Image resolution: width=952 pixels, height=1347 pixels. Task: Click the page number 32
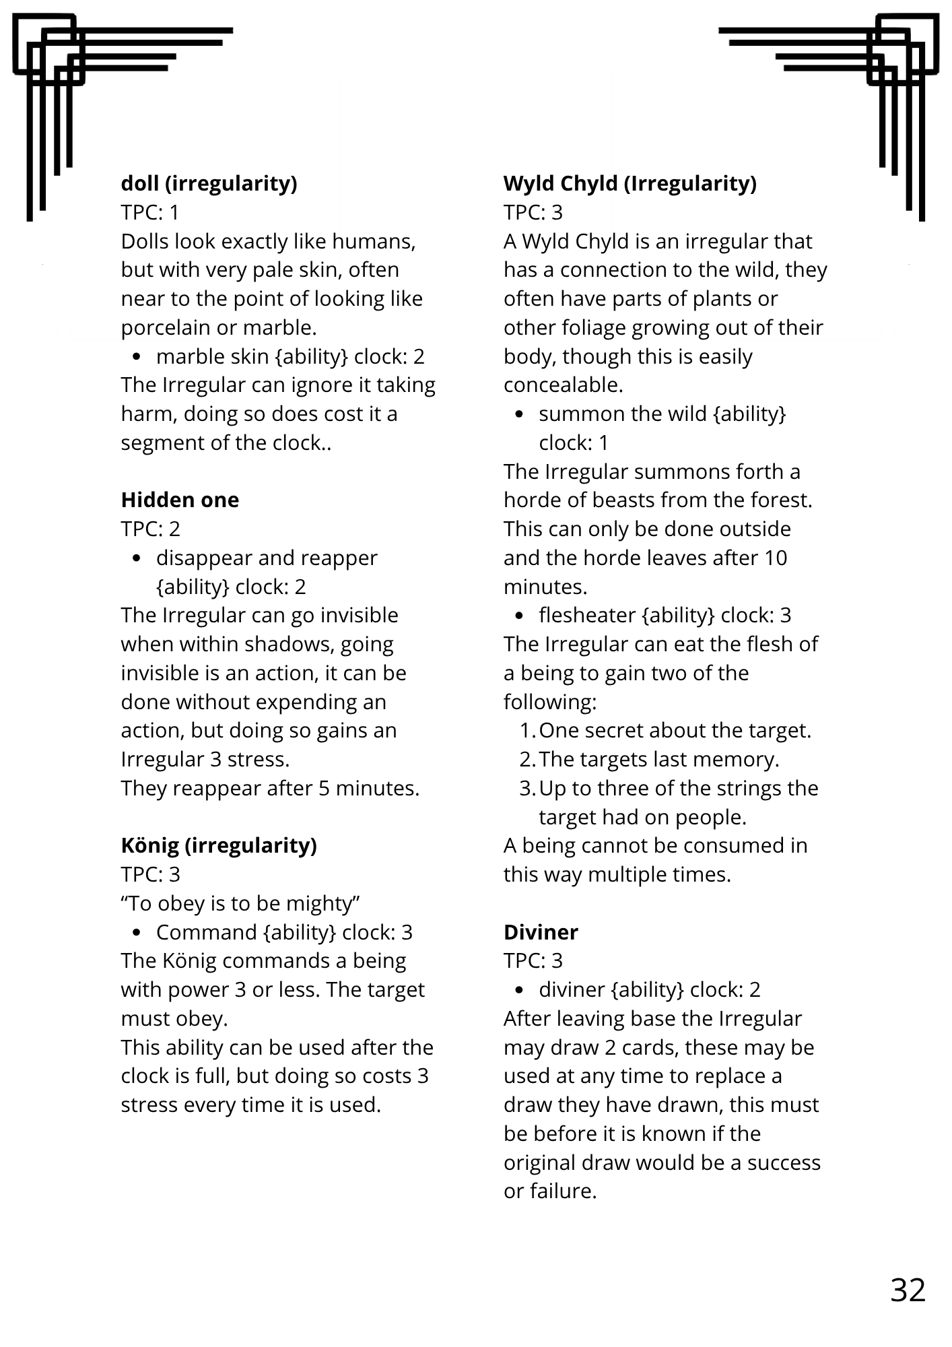(x=908, y=1290)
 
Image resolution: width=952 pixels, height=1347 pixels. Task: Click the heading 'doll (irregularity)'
(x=209, y=183)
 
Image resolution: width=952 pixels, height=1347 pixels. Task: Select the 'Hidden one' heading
(x=180, y=500)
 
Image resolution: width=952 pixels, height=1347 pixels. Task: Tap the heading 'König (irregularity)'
(x=219, y=845)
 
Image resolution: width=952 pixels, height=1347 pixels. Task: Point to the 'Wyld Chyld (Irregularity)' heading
(x=630, y=183)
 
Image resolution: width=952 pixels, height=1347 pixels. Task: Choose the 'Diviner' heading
(x=541, y=932)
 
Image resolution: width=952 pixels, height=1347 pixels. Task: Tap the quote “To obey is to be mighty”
(x=240, y=903)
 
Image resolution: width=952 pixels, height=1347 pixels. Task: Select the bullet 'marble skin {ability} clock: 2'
(x=290, y=356)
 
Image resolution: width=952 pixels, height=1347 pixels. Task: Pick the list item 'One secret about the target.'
(x=675, y=731)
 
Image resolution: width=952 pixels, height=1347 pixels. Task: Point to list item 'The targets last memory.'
(x=658, y=760)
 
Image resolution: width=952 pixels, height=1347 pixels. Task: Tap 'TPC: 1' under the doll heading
(x=150, y=212)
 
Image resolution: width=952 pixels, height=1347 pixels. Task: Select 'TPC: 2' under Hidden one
(x=150, y=529)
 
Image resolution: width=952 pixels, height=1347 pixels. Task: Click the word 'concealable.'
(x=563, y=385)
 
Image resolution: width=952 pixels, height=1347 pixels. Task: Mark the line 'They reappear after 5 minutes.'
(x=270, y=788)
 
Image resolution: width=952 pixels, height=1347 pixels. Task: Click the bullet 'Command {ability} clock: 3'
(x=284, y=932)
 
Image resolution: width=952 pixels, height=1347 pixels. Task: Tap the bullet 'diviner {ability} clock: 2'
(x=649, y=989)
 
